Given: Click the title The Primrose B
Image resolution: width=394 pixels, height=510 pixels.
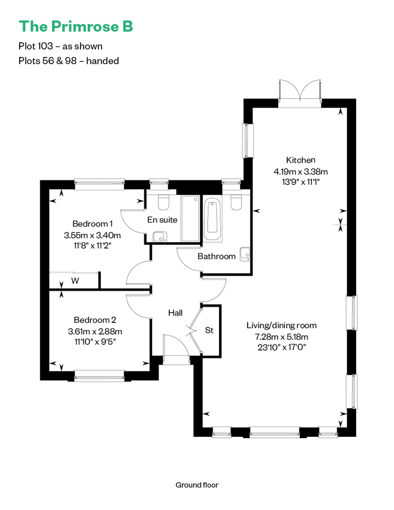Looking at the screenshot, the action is coord(76,26).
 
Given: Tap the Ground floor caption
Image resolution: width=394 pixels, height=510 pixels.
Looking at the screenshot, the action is coord(197,485).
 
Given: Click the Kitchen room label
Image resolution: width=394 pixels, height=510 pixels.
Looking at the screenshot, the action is coord(300,160).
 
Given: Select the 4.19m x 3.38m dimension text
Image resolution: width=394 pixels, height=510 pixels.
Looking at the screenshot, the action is coord(300,171).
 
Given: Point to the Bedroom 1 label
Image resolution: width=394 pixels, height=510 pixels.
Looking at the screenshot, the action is coord(92,224).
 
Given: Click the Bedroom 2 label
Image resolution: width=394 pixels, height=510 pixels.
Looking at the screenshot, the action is coord(95,320).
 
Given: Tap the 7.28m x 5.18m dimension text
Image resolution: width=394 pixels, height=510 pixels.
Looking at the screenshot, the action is coord(282,337).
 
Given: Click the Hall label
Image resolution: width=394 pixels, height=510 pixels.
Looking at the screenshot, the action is coord(175,313).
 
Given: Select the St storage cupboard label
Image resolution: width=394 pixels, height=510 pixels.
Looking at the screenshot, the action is coord(209,330).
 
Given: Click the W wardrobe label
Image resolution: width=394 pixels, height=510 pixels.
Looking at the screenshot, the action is coord(75,281).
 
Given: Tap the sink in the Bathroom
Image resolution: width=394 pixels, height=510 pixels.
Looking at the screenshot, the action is coord(245,254).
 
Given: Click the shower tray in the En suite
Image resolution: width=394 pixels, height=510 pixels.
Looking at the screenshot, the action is coord(190,218).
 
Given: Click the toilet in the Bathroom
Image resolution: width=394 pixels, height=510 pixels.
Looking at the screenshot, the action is coord(236,202).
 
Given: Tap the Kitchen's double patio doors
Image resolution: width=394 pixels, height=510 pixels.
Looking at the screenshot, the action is coord(300,93).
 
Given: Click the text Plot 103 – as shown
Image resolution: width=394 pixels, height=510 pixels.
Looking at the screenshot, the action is coord(60,46).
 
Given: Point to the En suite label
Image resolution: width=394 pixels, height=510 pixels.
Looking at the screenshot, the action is coord(162,220).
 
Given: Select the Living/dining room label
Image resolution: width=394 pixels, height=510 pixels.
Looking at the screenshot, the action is coord(282,325).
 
